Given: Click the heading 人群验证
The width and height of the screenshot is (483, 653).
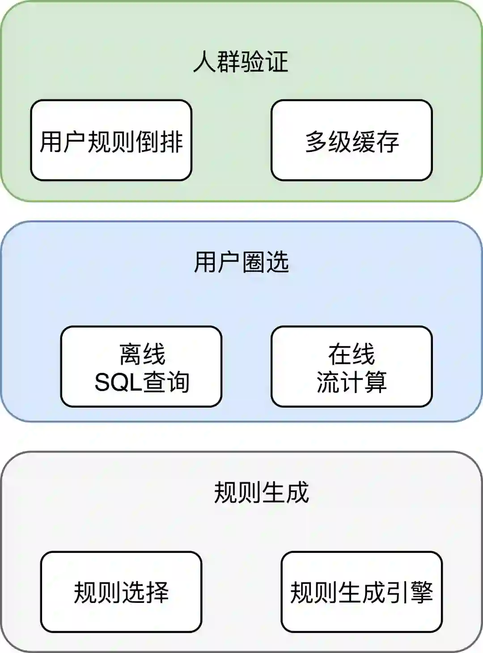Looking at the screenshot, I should pyautogui.click(x=241, y=61).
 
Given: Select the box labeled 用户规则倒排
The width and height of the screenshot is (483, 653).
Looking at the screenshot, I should pyautogui.click(x=111, y=140).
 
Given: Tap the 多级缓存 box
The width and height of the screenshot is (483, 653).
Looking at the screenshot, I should pyautogui.click(x=352, y=140).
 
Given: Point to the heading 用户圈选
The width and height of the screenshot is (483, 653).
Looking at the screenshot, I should pyautogui.click(x=241, y=262).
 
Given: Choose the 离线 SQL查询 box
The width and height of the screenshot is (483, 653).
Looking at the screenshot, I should pyautogui.click(x=141, y=367).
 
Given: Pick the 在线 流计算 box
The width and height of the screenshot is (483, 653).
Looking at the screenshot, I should pyautogui.click(x=352, y=367).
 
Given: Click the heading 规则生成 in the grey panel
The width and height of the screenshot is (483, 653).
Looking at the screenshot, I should pyautogui.click(x=262, y=493).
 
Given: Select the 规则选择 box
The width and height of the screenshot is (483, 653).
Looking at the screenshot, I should pyautogui.click(x=121, y=592).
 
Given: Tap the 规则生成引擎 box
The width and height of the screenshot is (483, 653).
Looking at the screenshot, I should pyautogui.click(x=361, y=592).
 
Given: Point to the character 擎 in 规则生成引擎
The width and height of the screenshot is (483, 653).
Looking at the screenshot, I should pyautogui.click(x=421, y=592).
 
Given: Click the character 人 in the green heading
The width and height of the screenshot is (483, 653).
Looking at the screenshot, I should pyautogui.click(x=205, y=62).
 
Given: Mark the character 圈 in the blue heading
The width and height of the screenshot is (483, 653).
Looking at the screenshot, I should pyautogui.click(x=253, y=262).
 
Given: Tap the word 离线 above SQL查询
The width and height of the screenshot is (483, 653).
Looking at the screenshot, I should pyautogui.click(x=142, y=354).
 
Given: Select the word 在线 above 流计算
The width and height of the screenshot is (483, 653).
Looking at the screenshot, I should pyautogui.click(x=352, y=354).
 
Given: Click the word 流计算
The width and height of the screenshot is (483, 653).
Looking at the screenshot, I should pyautogui.click(x=352, y=383).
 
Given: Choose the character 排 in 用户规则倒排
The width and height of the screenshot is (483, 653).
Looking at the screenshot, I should pyautogui.click(x=171, y=141).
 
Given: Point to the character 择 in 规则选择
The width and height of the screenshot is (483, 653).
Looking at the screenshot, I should pyautogui.click(x=157, y=592).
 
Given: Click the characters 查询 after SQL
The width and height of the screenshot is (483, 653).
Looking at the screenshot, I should pyautogui.click(x=166, y=383).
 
